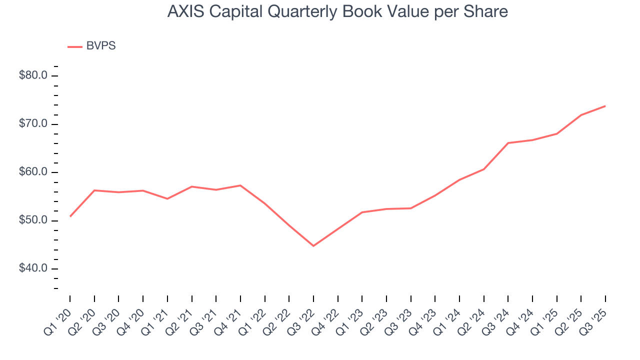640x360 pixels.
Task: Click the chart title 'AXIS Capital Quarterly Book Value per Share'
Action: [x=337, y=12]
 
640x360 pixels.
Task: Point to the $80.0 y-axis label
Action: [x=33, y=76]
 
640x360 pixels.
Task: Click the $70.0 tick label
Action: [x=33, y=124]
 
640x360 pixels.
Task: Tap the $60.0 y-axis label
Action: [x=33, y=172]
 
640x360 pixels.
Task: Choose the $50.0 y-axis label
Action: [x=33, y=220]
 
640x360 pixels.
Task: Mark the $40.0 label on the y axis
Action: [x=33, y=268]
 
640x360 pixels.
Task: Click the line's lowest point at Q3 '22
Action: [x=313, y=246]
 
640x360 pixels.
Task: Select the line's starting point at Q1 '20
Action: [x=70, y=216]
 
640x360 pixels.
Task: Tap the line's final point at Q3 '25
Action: [x=605, y=106]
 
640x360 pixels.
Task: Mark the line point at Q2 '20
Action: [x=94, y=190]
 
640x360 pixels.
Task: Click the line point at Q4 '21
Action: [x=240, y=185]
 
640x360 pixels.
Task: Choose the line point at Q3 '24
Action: [x=508, y=143]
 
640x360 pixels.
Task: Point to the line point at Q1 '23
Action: [x=362, y=212]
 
